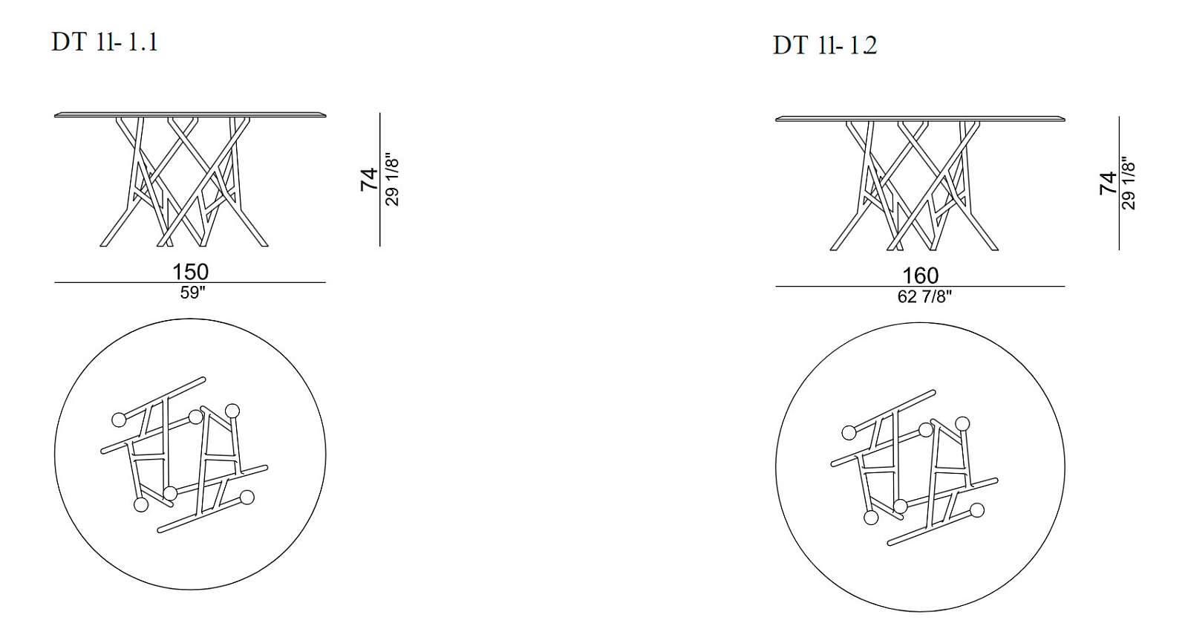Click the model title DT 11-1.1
pos(105,42)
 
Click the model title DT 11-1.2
pos(825,45)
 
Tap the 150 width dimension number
pos(190,272)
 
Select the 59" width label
pos(192,293)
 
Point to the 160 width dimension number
pos(920,276)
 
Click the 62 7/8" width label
pos(924,297)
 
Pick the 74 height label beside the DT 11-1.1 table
pos(369,179)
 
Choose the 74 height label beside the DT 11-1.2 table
pos(1109,183)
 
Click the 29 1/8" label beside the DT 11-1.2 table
pos(1129,183)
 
